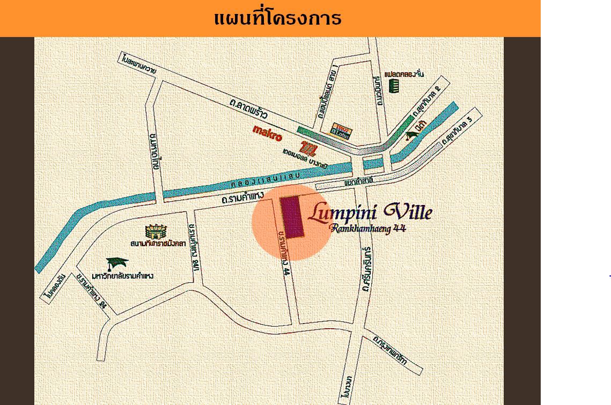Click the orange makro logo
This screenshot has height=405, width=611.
click(x=267, y=133)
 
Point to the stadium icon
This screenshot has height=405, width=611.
click(x=156, y=232)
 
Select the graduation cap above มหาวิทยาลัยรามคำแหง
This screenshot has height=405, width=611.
click(x=116, y=263)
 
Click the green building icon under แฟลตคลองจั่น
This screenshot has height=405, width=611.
click(x=394, y=86)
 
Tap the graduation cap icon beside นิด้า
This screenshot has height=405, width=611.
click(x=412, y=135)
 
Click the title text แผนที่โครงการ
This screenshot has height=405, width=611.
click(x=277, y=18)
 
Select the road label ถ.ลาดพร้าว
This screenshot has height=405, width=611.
click(x=248, y=109)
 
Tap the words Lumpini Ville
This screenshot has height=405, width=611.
click(x=370, y=212)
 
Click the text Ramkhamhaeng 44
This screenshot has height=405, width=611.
click(x=368, y=229)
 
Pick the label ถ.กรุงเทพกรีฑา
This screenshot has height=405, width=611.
click(x=390, y=350)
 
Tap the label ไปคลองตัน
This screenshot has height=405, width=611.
click(x=54, y=288)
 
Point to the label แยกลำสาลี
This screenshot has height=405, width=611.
click(x=359, y=182)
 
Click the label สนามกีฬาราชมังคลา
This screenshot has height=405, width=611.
click(x=158, y=244)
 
